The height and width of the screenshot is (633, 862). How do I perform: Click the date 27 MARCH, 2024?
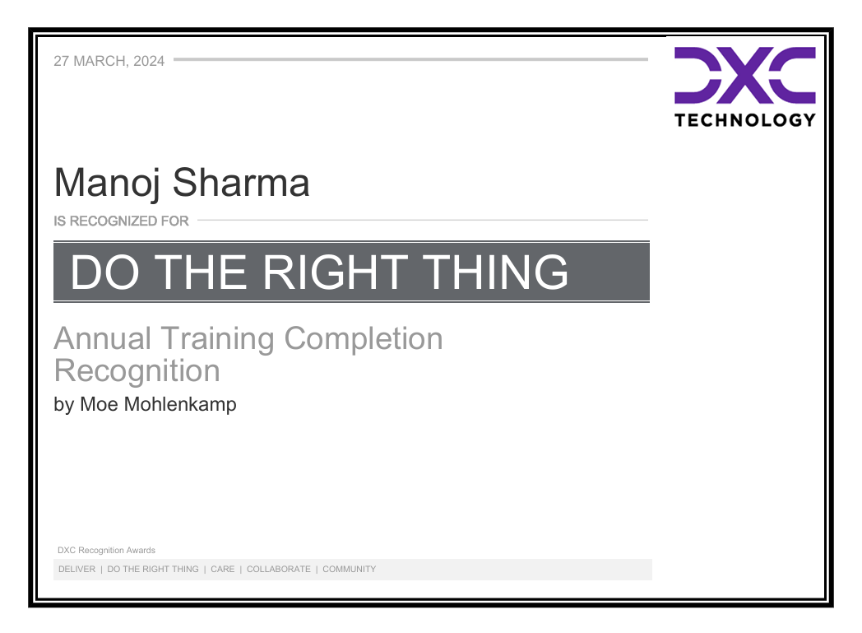(x=109, y=61)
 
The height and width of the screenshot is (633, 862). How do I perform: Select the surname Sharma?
(x=241, y=184)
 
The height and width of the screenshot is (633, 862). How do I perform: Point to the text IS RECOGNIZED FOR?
(x=121, y=221)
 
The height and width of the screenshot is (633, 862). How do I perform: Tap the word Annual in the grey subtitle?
(x=103, y=338)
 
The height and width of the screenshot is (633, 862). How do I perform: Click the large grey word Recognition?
(x=137, y=370)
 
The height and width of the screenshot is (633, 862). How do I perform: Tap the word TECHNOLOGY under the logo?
(x=745, y=120)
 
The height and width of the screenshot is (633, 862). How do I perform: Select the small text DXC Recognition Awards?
(x=106, y=550)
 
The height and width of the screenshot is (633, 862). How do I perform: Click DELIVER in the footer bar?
(x=76, y=569)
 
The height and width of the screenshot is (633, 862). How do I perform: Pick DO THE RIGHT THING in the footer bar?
(x=153, y=569)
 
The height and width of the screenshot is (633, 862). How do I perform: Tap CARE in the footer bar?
(x=222, y=569)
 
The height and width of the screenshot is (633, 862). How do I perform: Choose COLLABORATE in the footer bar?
(x=279, y=569)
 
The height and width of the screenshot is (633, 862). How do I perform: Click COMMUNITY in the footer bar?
(x=349, y=569)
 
